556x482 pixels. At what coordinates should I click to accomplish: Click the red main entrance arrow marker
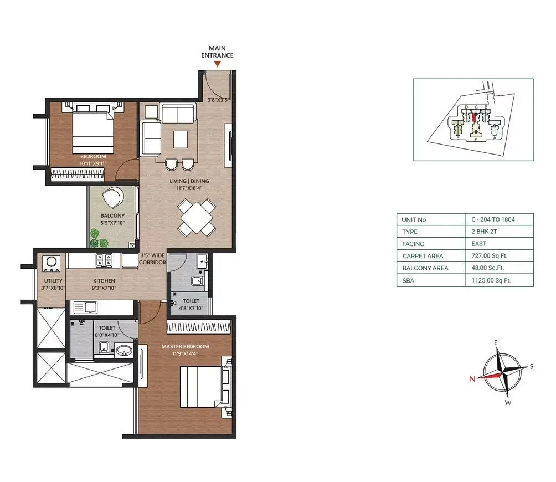tap(218, 64)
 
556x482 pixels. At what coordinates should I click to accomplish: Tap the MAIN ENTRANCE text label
tap(218, 52)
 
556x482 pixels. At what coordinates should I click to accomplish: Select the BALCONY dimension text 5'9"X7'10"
tap(112, 223)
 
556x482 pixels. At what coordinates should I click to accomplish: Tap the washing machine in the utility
tap(51, 262)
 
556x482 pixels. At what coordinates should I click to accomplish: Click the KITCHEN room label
tap(104, 281)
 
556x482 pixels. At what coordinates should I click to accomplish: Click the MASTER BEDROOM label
tap(185, 347)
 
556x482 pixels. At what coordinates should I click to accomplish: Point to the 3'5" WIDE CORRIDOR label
tap(152, 259)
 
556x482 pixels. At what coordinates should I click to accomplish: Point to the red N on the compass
tap(472, 379)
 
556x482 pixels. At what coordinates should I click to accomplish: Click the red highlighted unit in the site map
tap(474, 118)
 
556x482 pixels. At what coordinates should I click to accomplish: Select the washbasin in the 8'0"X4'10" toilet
tap(123, 350)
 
